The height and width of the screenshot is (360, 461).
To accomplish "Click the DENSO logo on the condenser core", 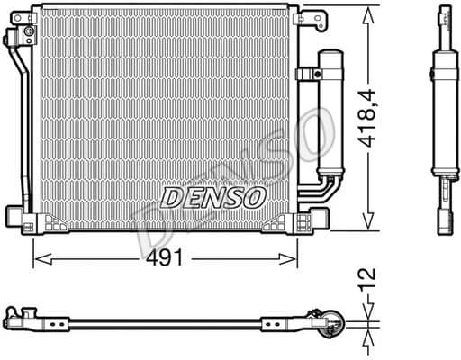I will click(x=212, y=195).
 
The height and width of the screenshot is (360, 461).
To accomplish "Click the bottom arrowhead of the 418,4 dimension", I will click(x=368, y=226).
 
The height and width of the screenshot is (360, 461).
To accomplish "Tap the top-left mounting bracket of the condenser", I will click(x=20, y=36).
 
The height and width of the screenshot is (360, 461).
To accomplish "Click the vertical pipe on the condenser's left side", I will click(x=22, y=126).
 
